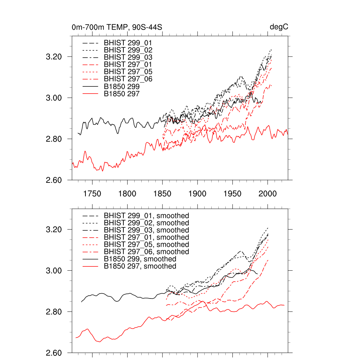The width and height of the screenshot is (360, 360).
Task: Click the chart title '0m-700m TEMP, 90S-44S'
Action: pos(117,27)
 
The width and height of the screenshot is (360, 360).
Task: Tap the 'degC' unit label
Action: pos(279,27)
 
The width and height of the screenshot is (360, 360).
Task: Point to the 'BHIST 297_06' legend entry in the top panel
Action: pos(128,79)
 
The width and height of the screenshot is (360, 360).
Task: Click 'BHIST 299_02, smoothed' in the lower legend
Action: pos(146,223)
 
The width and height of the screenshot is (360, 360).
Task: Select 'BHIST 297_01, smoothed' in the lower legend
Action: pos(146,237)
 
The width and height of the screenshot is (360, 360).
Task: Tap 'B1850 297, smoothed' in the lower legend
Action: pos(140,266)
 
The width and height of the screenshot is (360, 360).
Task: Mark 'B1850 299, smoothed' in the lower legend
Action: pos(140,259)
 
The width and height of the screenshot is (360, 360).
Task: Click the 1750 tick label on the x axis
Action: pos(92,193)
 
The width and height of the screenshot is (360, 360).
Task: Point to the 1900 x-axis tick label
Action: pos(197,193)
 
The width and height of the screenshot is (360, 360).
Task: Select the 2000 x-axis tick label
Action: pos(268,193)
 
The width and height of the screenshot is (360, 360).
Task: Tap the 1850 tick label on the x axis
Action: pos(162,193)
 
